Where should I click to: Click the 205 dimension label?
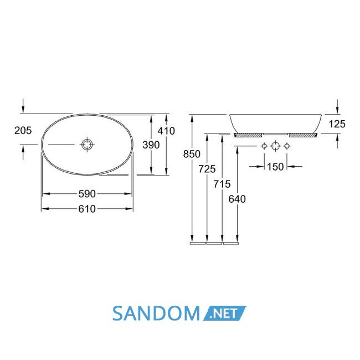click(x=23, y=131)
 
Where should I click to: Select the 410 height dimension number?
click(x=166, y=131)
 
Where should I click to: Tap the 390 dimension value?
click(x=151, y=145)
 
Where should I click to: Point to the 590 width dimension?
click(x=87, y=194)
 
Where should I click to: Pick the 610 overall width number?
click(x=87, y=209)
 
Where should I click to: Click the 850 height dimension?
click(x=192, y=154)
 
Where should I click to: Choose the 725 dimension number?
click(x=207, y=169)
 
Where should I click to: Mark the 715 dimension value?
click(x=222, y=184)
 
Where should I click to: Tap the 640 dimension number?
click(x=237, y=199)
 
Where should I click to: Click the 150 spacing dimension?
click(x=275, y=167)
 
